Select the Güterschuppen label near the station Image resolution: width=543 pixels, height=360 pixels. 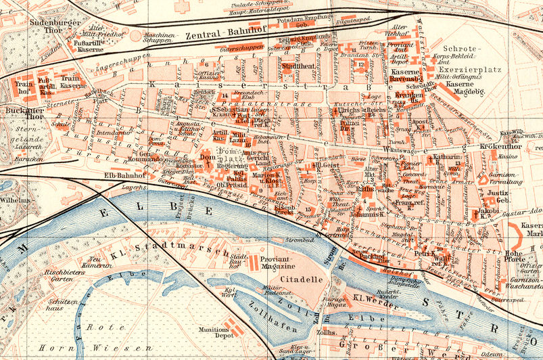[x=240, y=48]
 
